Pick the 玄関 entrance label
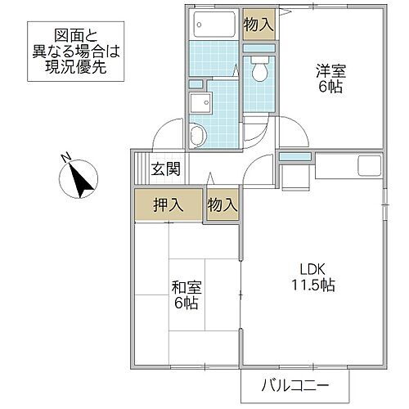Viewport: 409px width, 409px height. tap(166, 170)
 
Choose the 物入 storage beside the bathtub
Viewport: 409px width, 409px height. tap(258, 25)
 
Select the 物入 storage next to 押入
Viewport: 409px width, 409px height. tap(222, 204)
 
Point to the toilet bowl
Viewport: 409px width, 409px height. tap(260, 74)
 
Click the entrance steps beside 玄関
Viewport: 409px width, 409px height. tap(142, 170)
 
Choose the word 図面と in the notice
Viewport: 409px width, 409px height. tap(75, 34)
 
